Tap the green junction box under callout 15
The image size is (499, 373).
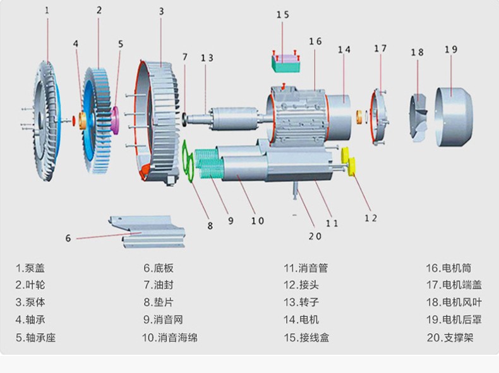click(286, 61)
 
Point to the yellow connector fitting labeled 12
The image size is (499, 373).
click(347, 162)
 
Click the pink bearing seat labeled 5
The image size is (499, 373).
click(116, 118)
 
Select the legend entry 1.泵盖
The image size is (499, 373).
click(30, 268)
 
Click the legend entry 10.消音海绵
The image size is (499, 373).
click(169, 338)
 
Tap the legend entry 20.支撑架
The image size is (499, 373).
click(450, 338)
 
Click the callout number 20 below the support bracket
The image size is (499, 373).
click(315, 236)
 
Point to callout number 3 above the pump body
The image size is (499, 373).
click(161, 11)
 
